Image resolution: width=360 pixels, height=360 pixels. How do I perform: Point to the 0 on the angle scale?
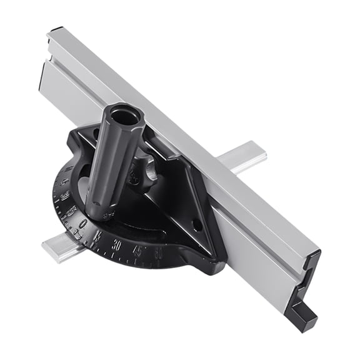coord(82,224)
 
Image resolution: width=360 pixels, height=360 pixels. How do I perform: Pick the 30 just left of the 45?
coord(117,245)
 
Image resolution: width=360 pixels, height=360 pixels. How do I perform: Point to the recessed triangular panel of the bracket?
coord(178,200)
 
